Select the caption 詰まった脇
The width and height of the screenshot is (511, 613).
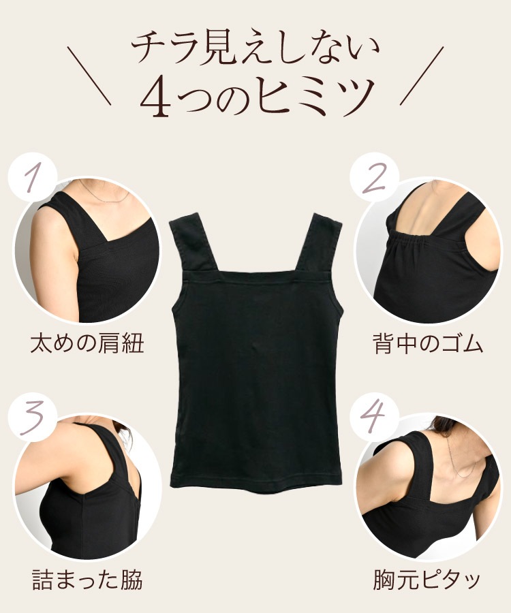[87, 580]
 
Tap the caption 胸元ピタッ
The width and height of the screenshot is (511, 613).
[427, 580]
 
